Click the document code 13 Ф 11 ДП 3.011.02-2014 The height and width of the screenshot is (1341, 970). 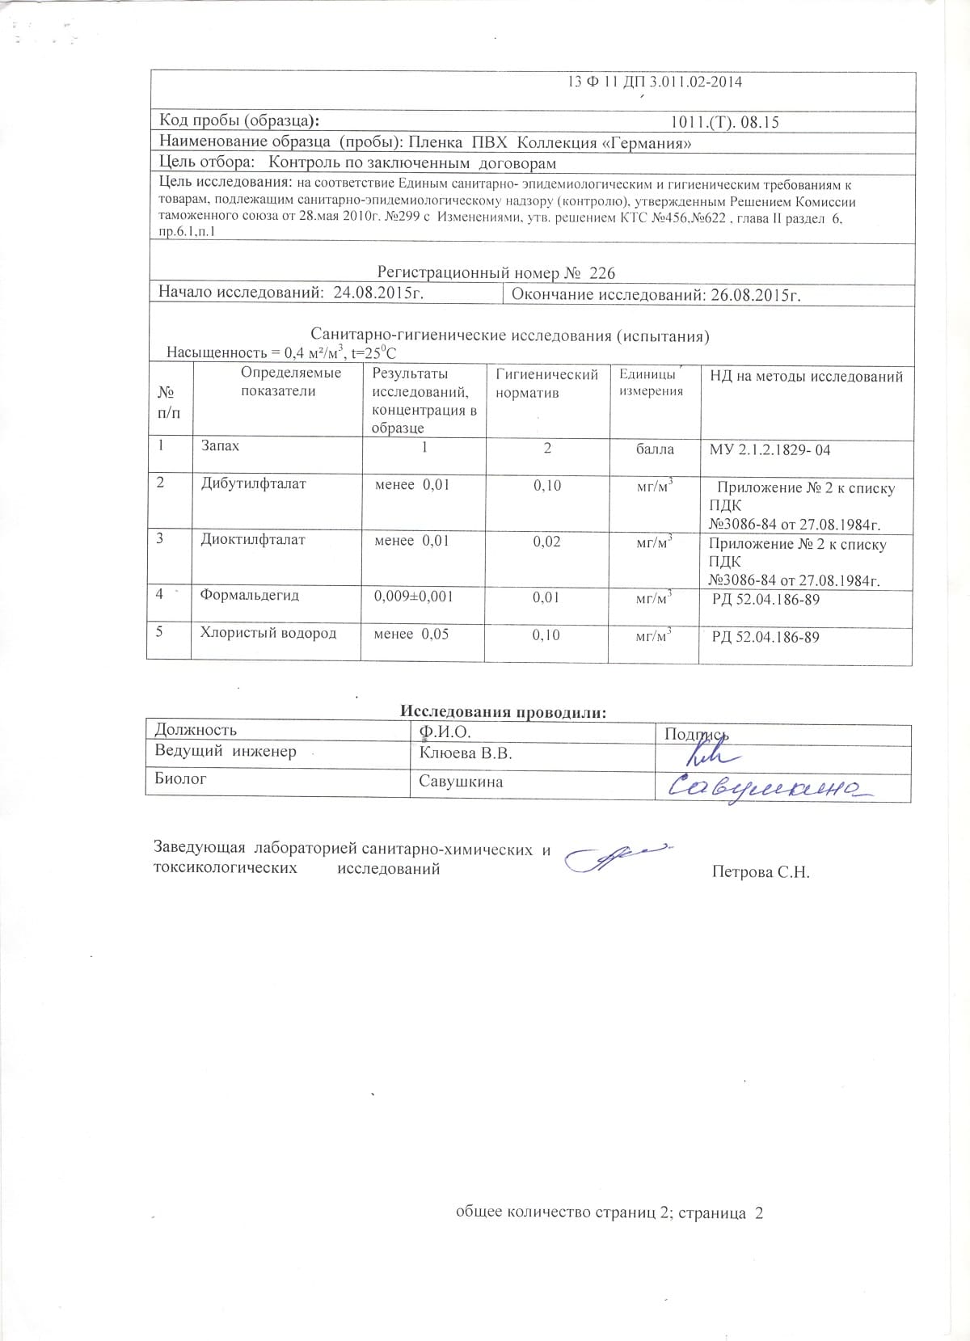tap(655, 82)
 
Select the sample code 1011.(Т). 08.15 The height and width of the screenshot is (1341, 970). tap(724, 123)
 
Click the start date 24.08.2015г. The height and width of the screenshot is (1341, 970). tap(378, 293)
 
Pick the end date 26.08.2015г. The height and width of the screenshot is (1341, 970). tap(755, 295)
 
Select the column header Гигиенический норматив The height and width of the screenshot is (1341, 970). tap(546, 383)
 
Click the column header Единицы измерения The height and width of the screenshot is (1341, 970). tap(652, 382)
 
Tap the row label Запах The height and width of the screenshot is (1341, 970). tap(220, 446)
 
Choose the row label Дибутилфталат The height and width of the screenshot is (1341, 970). tap(253, 484)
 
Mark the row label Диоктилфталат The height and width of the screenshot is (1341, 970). tap(253, 540)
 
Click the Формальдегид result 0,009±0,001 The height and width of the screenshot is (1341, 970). tap(413, 597)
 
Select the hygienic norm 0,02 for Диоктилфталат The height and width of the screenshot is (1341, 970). tap(546, 542)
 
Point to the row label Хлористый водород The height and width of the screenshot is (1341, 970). tap(268, 633)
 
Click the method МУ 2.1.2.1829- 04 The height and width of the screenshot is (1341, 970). tap(770, 450)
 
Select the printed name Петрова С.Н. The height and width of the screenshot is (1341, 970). tap(760, 872)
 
